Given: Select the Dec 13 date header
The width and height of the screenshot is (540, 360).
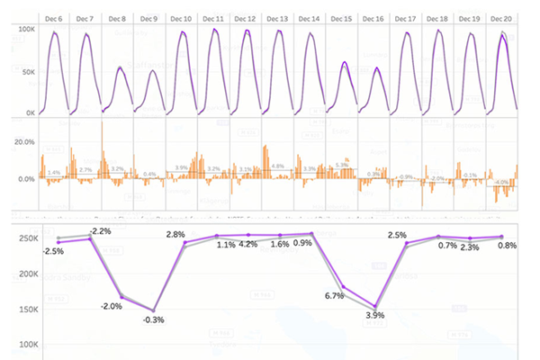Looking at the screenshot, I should click(x=278, y=18).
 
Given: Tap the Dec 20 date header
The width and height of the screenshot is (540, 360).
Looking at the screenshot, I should click(x=501, y=18).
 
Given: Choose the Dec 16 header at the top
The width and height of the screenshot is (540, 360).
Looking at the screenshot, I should click(x=373, y=18).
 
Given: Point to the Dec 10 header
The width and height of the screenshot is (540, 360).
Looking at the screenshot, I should click(x=181, y=18).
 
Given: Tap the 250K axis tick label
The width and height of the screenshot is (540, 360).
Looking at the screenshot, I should click(x=24, y=238).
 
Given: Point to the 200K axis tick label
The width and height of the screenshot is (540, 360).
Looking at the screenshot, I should click(x=24, y=274).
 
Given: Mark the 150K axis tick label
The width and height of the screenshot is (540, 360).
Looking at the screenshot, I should click(x=24, y=309).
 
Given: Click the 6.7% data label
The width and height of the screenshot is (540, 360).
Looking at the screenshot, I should click(x=336, y=295).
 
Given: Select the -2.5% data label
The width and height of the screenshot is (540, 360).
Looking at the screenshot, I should click(x=54, y=251).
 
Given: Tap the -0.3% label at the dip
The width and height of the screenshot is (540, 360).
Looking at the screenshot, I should click(x=155, y=319).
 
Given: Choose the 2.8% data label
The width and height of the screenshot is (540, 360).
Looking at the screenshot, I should click(x=175, y=235).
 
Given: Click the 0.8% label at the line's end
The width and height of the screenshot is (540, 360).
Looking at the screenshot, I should click(x=507, y=246).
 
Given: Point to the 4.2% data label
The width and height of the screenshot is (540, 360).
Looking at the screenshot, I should click(x=248, y=245).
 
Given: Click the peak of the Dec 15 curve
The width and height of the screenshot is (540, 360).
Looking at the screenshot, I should click(x=344, y=62).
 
